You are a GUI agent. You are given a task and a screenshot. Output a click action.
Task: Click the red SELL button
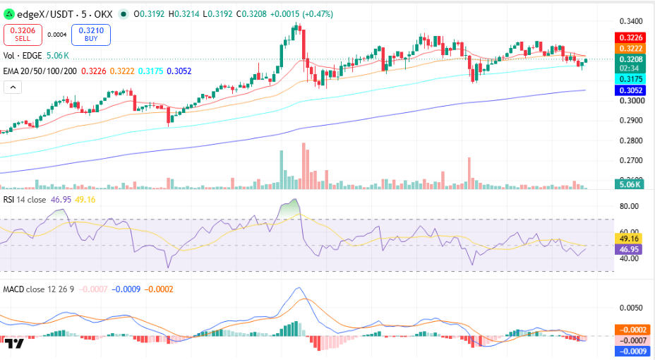(23, 35)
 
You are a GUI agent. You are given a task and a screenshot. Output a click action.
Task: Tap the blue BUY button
(91, 35)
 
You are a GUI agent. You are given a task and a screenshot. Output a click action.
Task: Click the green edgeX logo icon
(8, 14)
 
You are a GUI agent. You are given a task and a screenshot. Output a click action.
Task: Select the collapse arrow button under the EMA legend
(13, 88)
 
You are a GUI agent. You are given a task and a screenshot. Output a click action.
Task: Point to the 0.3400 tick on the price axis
(631, 21)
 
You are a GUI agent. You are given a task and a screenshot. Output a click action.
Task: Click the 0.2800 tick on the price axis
(631, 140)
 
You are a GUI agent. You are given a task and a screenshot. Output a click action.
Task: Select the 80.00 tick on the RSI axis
(629, 206)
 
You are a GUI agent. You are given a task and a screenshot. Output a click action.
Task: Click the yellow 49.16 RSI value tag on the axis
(629, 239)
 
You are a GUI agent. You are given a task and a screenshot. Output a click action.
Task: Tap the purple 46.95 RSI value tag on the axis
(629, 249)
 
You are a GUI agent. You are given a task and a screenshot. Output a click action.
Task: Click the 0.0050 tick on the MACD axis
(631, 308)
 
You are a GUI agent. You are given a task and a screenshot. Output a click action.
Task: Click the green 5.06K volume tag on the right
(629, 184)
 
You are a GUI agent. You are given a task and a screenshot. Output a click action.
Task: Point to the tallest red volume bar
(304, 166)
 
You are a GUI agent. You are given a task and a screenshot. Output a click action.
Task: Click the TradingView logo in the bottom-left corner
(14, 344)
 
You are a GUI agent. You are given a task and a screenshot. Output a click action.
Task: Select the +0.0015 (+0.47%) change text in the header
(301, 14)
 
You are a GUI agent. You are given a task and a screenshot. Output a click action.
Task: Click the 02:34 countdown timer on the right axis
(629, 68)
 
